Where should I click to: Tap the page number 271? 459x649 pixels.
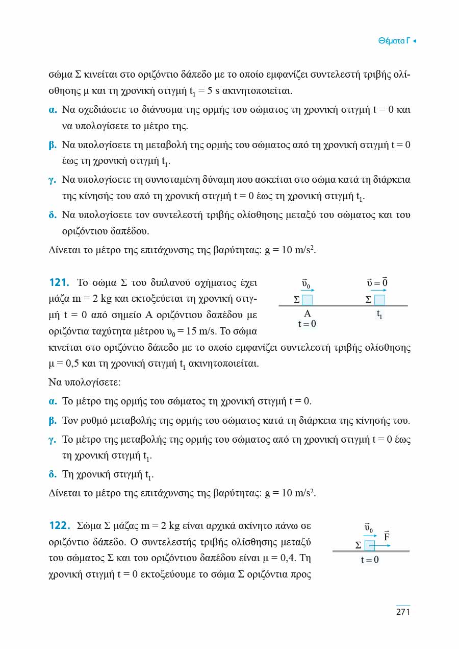coord(403,612)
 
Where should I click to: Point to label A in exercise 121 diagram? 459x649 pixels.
coord(307,314)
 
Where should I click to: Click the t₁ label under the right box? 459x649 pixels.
coord(379,315)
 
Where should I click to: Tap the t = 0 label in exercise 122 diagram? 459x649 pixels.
coord(370,560)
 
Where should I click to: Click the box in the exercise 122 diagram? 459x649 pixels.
coord(370,545)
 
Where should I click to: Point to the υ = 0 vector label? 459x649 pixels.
coord(378,282)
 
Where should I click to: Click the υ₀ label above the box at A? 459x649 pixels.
coord(307,282)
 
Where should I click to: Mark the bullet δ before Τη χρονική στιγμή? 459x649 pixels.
coord(52,474)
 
